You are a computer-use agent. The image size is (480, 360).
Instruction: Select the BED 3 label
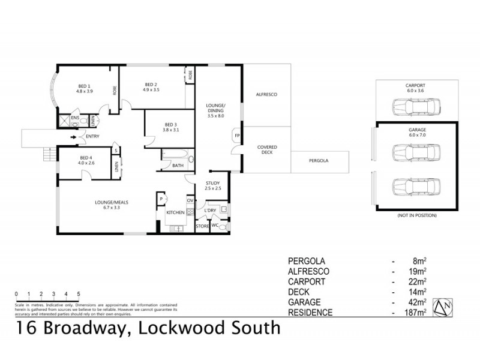(x=170, y=124)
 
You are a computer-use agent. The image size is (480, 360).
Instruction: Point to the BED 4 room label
(x=86, y=157)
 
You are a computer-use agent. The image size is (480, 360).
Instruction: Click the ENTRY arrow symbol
(x=74, y=137)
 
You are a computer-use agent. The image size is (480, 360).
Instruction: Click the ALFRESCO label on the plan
(x=265, y=95)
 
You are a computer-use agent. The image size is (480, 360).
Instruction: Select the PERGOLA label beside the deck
(x=319, y=161)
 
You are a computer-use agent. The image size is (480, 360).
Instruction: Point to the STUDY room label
(x=214, y=183)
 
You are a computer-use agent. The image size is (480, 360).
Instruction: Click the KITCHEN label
(x=175, y=212)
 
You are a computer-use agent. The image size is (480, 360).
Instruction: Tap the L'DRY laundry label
(x=209, y=211)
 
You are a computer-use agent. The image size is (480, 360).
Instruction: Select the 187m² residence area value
(x=416, y=313)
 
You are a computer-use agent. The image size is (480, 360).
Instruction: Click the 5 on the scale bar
(x=79, y=294)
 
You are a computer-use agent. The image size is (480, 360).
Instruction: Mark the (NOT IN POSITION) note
(x=415, y=215)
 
